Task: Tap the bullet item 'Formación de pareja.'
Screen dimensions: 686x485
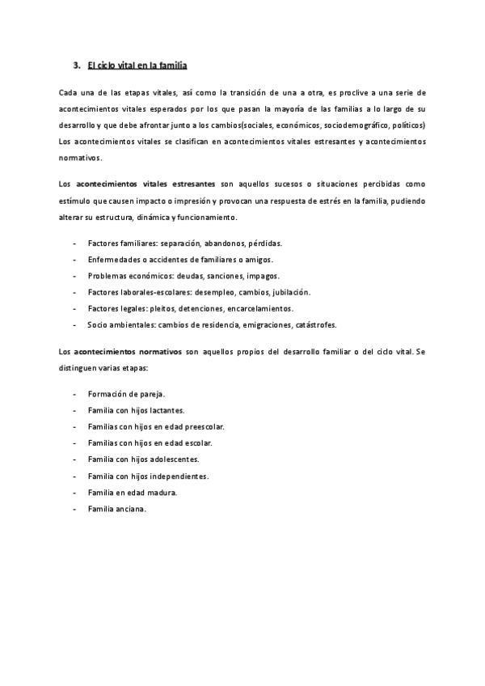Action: click(x=126, y=394)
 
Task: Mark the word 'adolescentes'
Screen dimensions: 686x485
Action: click(x=175, y=459)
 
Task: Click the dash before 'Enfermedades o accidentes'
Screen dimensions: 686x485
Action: click(x=74, y=259)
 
